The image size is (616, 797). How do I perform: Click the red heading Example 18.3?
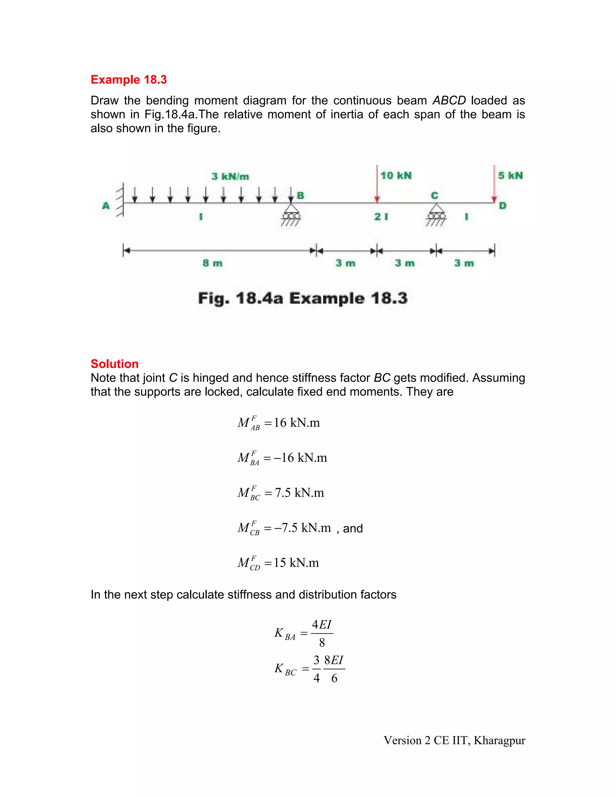(x=128, y=80)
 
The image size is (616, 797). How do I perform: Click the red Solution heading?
(x=115, y=364)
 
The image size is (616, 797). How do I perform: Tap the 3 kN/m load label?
(x=230, y=177)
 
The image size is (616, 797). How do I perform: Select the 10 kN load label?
(x=396, y=176)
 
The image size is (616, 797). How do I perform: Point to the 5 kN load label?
(x=510, y=176)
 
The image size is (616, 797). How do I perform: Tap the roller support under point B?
(x=291, y=215)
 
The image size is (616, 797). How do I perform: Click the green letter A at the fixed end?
(x=106, y=206)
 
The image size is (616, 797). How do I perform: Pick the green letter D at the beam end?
(x=503, y=206)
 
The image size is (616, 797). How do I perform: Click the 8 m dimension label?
(x=212, y=263)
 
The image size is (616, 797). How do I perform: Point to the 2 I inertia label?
(x=381, y=217)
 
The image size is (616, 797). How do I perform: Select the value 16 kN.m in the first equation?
(x=297, y=423)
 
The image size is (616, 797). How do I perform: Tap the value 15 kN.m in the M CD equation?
(x=296, y=563)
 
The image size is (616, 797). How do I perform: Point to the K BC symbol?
(x=285, y=669)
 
